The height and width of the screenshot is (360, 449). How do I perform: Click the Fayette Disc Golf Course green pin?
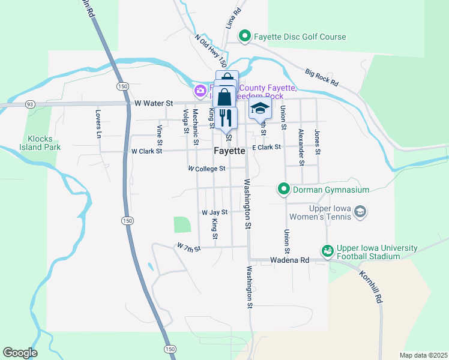(x=244, y=37)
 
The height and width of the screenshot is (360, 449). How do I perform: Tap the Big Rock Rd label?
(x=322, y=77)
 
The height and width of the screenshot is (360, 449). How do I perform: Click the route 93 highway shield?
(x=29, y=104)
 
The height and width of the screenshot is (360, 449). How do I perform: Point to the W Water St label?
(x=154, y=103)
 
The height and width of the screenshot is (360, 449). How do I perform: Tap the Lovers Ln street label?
(x=98, y=124)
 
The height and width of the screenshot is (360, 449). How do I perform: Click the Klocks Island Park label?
(x=40, y=142)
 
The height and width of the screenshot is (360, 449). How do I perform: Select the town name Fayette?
(x=230, y=151)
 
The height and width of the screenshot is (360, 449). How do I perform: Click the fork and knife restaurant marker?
(x=226, y=116)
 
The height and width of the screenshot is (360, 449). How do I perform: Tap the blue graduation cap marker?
(x=261, y=109)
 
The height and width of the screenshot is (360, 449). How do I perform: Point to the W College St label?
(x=206, y=169)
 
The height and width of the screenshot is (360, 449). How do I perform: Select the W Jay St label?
(x=215, y=212)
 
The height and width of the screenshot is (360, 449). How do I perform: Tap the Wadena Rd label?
(x=289, y=260)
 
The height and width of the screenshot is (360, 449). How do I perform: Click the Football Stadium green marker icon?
(x=327, y=251)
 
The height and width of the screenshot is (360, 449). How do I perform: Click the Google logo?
(x=20, y=353)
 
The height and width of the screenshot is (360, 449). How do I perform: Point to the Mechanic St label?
(x=196, y=127)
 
